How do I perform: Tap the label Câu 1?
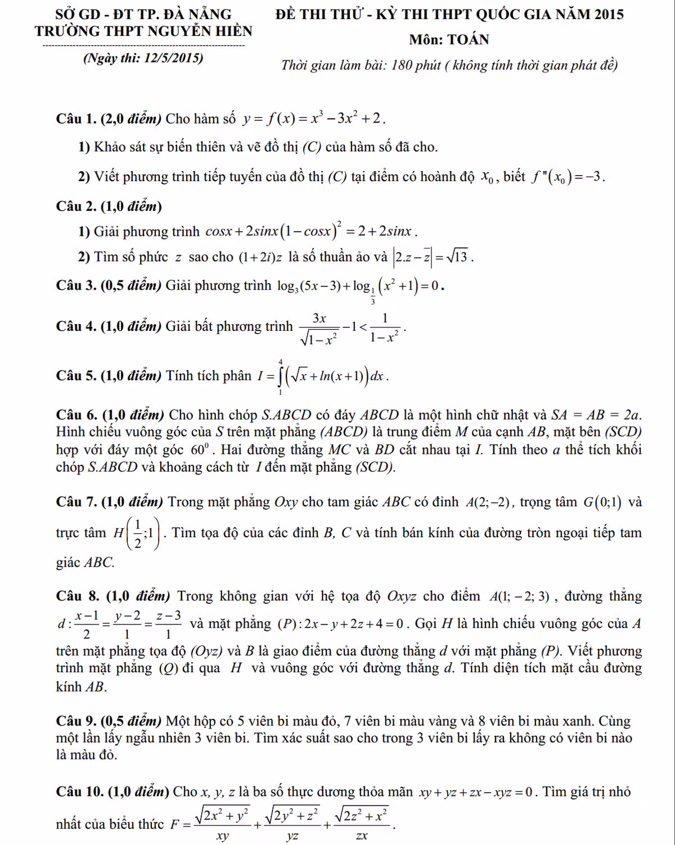(76, 119)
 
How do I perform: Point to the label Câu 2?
(76, 206)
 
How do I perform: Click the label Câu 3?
(76, 286)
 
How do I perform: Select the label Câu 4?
(76, 326)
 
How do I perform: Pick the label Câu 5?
(76, 376)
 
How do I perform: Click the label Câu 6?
(77, 415)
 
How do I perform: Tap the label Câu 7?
(77, 502)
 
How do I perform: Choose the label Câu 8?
(77, 596)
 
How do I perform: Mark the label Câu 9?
(76, 721)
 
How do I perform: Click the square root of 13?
(458, 257)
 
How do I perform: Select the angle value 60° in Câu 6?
(200, 450)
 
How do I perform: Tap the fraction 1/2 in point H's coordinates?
(138, 533)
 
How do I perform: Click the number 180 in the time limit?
(402, 65)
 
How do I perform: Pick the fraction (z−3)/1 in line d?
(169, 624)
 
